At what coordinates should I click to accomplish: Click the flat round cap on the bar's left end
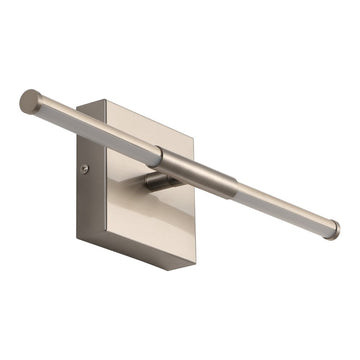(29, 101)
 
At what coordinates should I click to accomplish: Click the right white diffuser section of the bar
(280, 208)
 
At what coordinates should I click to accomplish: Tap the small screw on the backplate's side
(84, 169)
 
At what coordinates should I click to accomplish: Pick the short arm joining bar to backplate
(158, 179)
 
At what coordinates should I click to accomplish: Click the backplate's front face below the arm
(150, 225)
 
